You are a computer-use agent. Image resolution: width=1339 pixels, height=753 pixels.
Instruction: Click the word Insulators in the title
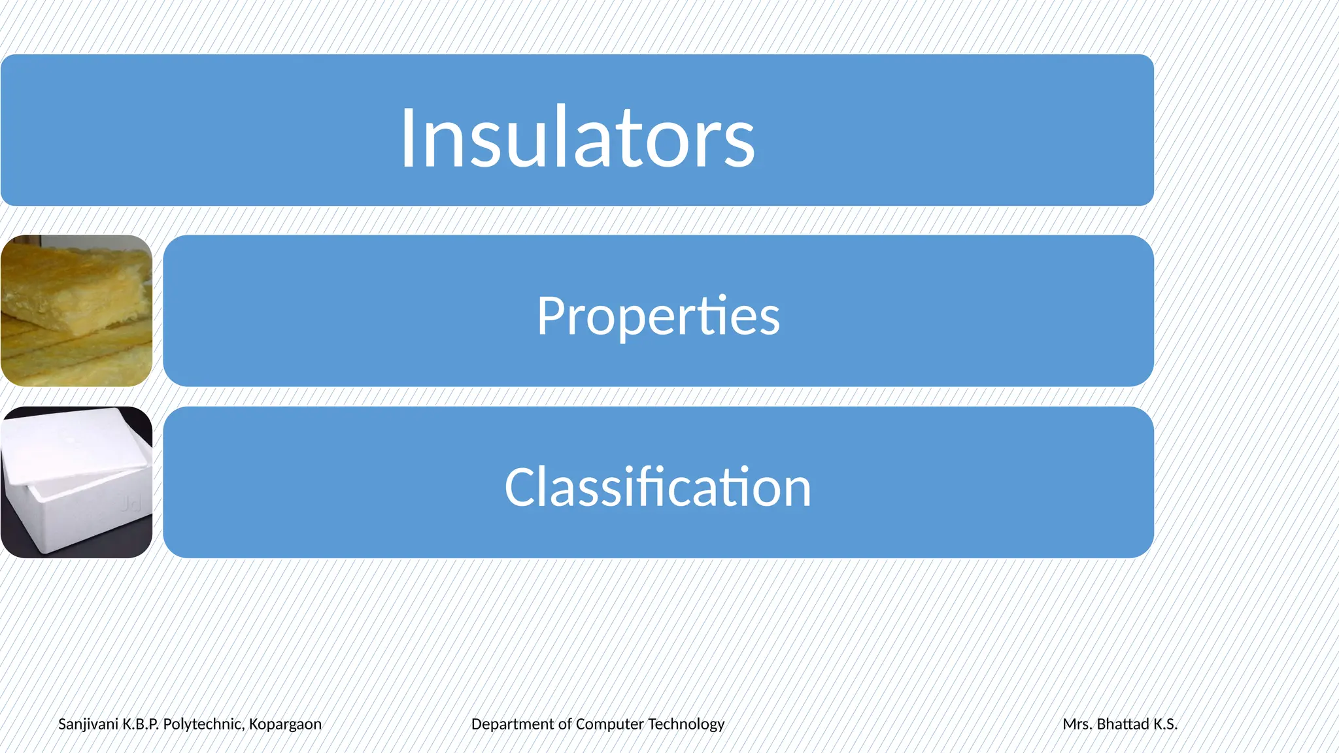tap(577, 138)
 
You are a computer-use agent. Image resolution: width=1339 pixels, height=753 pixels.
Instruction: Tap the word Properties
tap(658, 316)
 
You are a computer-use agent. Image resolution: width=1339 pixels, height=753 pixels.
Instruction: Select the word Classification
tap(658, 487)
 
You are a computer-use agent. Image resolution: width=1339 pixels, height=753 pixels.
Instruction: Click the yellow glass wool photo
tap(76, 310)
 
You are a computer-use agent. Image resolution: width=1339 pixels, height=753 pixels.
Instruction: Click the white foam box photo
tap(76, 482)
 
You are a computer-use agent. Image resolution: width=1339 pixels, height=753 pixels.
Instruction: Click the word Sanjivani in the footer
tap(88, 724)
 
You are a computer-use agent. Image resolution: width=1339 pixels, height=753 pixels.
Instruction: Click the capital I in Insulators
tap(408, 138)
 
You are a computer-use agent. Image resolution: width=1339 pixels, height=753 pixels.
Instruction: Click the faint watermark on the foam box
tap(131, 503)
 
